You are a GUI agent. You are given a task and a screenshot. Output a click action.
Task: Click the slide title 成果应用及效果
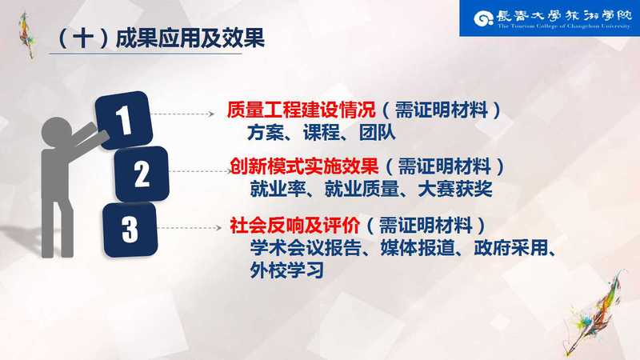[190, 38]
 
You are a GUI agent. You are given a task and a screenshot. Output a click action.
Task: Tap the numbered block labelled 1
[124, 120]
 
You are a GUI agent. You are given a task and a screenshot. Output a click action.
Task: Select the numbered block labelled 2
[142, 174]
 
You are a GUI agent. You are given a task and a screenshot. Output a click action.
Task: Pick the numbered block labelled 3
[130, 230]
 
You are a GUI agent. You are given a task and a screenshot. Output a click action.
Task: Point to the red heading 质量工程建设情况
[302, 110]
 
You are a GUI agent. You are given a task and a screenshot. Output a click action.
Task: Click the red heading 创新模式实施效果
[304, 166]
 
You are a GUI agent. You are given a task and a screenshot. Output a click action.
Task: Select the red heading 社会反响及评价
[294, 226]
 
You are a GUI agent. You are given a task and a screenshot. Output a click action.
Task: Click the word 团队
[378, 133]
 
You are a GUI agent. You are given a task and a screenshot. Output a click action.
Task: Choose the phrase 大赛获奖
[455, 189]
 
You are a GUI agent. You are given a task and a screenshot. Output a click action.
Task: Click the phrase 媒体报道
[418, 248]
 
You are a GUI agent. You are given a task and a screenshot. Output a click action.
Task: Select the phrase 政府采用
[511, 248]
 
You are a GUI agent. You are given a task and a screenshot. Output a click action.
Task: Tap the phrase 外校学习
[287, 270]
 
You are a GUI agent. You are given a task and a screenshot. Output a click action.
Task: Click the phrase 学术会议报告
[306, 248]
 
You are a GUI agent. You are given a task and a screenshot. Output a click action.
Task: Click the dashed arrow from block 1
[182, 114]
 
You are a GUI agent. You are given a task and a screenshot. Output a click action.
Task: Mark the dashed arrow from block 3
[190, 228]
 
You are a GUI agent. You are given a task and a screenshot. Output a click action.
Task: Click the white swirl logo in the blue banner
[484, 18]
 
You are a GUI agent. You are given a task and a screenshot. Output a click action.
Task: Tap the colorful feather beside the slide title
[26, 35]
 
